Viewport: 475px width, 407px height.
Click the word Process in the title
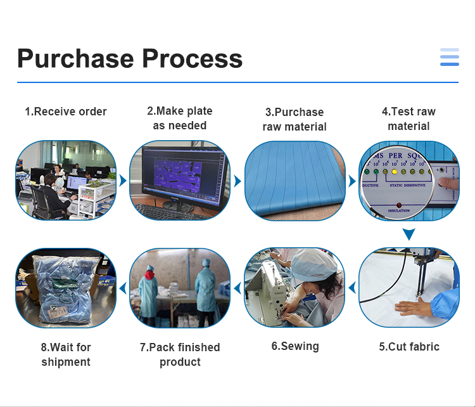pos(193,58)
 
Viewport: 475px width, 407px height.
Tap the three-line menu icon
pos(449,57)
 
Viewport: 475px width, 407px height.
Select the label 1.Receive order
pos(66,112)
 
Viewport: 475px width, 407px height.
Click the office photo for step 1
pos(66,180)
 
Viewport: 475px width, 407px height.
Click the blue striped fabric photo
pos(294,180)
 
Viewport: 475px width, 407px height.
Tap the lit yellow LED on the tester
pos(395,171)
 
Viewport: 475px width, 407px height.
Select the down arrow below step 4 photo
pos(409,234)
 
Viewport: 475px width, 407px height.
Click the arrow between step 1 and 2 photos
pos(123,181)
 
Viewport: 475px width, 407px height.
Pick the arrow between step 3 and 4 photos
pos(352,181)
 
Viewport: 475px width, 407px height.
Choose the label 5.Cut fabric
pos(409,347)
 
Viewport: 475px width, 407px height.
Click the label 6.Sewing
pos(295,346)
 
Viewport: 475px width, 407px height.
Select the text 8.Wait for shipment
pos(66,354)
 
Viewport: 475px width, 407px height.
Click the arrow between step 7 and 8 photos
pos(123,288)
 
